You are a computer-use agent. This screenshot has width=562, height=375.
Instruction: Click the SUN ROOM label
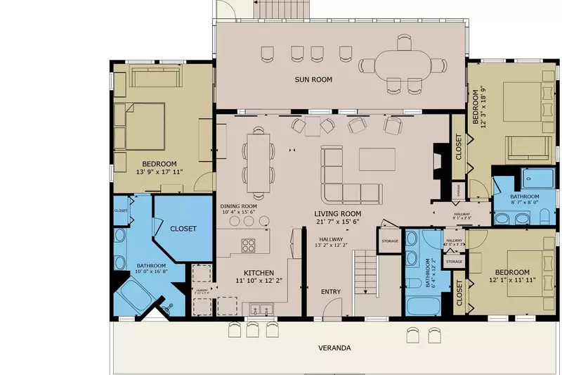click(x=313, y=80)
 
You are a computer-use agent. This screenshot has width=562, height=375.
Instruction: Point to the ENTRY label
click(x=331, y=291)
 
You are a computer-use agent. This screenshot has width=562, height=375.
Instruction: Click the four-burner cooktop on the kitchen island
click(x=249, y=245)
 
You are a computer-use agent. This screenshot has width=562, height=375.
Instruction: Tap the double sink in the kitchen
click(x=261, y=308)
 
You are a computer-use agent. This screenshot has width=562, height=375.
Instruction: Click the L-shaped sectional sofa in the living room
click(x=344, y=179)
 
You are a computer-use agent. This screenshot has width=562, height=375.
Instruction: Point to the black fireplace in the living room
click(x=440, y=163)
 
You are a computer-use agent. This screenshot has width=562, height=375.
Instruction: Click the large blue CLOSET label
click(x=182, y=229)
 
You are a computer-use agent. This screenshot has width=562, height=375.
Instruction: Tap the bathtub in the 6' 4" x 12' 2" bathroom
click(x=423, y=306)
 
